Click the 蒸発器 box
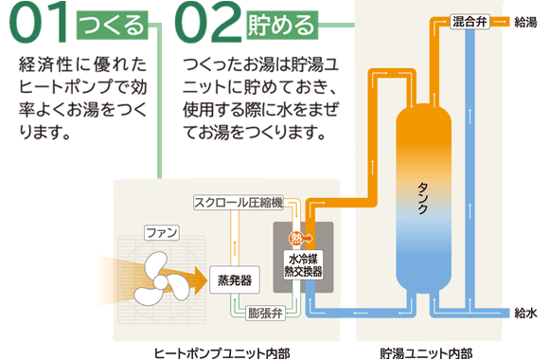coord(234,279)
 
